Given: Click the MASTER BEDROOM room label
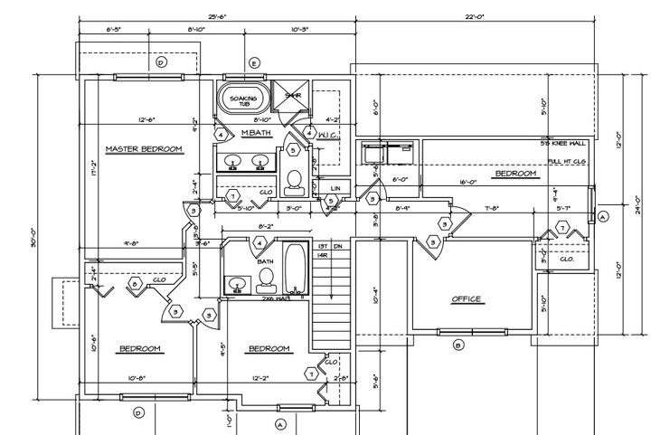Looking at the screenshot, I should [x=144, y=148].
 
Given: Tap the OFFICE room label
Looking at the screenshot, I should [x=467, y=299].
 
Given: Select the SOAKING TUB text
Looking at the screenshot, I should [x=243, y=100].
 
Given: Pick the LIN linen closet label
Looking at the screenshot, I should [x=335, y=188].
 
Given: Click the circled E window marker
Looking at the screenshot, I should [x=254, y=62].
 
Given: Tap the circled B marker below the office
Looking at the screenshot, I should [x=458, y=345].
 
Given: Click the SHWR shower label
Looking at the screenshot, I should [x=293, y=94].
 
